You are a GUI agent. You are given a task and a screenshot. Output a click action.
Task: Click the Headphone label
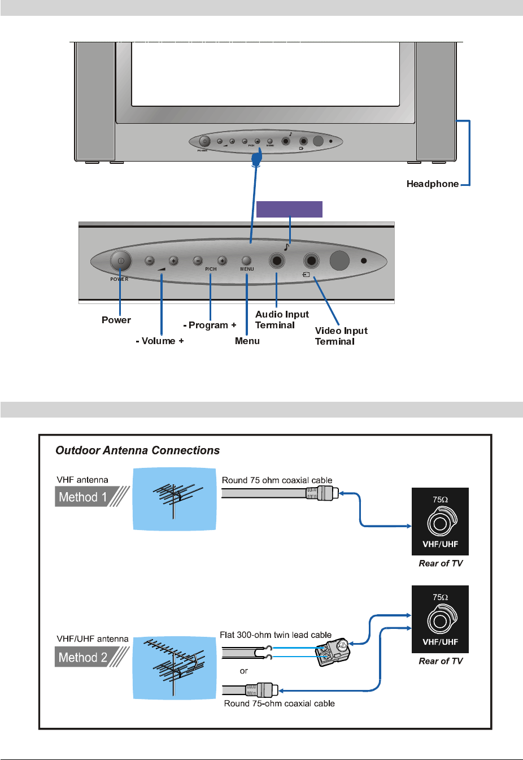pyautogui.click(x=432, y=184)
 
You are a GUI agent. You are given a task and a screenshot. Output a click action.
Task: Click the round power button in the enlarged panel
pyautogui.click(x=120, y=260)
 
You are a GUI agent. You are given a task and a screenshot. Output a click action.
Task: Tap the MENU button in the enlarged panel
pyautogui.click(x=246, y=260)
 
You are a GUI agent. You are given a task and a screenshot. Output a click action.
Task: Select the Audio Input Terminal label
pyautogui.click(x=282, y=319)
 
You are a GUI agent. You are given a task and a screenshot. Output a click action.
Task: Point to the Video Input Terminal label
pyautogui.click(x=341, y=336)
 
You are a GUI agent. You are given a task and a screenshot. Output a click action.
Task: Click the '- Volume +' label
pyautogui.click(x=160, y=341)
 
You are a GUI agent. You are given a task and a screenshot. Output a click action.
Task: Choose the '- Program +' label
pyautogui.click(x=210, y=325)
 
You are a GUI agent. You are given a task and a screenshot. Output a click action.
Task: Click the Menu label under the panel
pyautogui.click(x=247, y=341)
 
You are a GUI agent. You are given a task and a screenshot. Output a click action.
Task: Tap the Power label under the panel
pyautogui.click(x=116, y=320)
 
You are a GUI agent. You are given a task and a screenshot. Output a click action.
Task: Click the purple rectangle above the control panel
pyautogui.click(x=289, y=209)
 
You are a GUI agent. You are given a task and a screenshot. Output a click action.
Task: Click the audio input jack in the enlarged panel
pyautogui.click(x=277, y=260)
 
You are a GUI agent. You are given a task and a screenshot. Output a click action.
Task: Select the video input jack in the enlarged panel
pyautogui.click(x=311, y=260)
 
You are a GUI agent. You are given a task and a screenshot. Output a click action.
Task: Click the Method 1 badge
pyautogui.click(x=83, y=497)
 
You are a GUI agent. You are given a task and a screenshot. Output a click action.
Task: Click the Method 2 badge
pyautogui.click(x=83, y=657)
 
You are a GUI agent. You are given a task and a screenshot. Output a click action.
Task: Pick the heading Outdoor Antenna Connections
pyautogui.click(x=137, y=450)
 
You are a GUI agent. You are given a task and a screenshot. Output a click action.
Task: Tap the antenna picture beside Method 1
pyautogui.click(x=175, y=499)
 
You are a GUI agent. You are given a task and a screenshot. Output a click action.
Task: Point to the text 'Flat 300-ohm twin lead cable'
pyautogui.click(x=276, y=635)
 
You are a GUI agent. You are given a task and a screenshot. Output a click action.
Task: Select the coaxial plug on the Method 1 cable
pyautogui.click(x=322, y=493)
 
